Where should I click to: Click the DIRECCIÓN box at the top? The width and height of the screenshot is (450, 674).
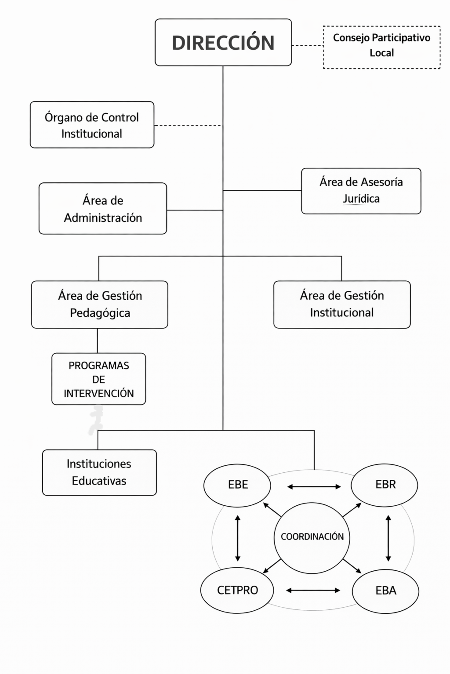click(223, 43)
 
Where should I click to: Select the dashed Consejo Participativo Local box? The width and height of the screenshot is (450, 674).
click(382, 47)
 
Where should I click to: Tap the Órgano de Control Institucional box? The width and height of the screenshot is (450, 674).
click(92, 125)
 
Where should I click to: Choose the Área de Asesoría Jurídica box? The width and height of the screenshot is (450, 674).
click(361, 191)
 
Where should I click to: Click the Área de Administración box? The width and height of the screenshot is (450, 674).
click(103, 209)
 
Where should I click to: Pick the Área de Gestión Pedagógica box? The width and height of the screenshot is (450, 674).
click(100, 304)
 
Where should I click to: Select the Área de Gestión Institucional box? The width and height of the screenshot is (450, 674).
click(342, 304)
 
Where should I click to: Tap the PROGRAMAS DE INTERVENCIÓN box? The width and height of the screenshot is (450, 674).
click(99, 379)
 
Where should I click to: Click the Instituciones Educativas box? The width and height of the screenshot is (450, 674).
click(99, 472)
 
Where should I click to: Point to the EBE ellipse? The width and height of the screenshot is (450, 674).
click(237, 486)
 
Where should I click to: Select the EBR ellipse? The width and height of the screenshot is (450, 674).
click(385, 485)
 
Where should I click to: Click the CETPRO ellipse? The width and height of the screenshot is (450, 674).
click(237, 591)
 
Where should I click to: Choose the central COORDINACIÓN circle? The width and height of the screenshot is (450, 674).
click(312, 538)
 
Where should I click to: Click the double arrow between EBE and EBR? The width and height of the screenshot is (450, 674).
click(314, 486)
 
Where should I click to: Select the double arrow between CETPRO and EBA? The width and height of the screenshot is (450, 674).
click(313, 591)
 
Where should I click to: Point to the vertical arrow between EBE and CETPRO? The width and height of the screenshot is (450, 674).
click(238, 538)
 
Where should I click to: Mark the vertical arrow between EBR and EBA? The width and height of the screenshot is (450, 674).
click(388, 538)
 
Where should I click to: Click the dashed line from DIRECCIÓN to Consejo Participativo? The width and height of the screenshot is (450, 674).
click(308, 45)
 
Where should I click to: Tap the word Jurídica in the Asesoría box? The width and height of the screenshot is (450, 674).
click(361, 199)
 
